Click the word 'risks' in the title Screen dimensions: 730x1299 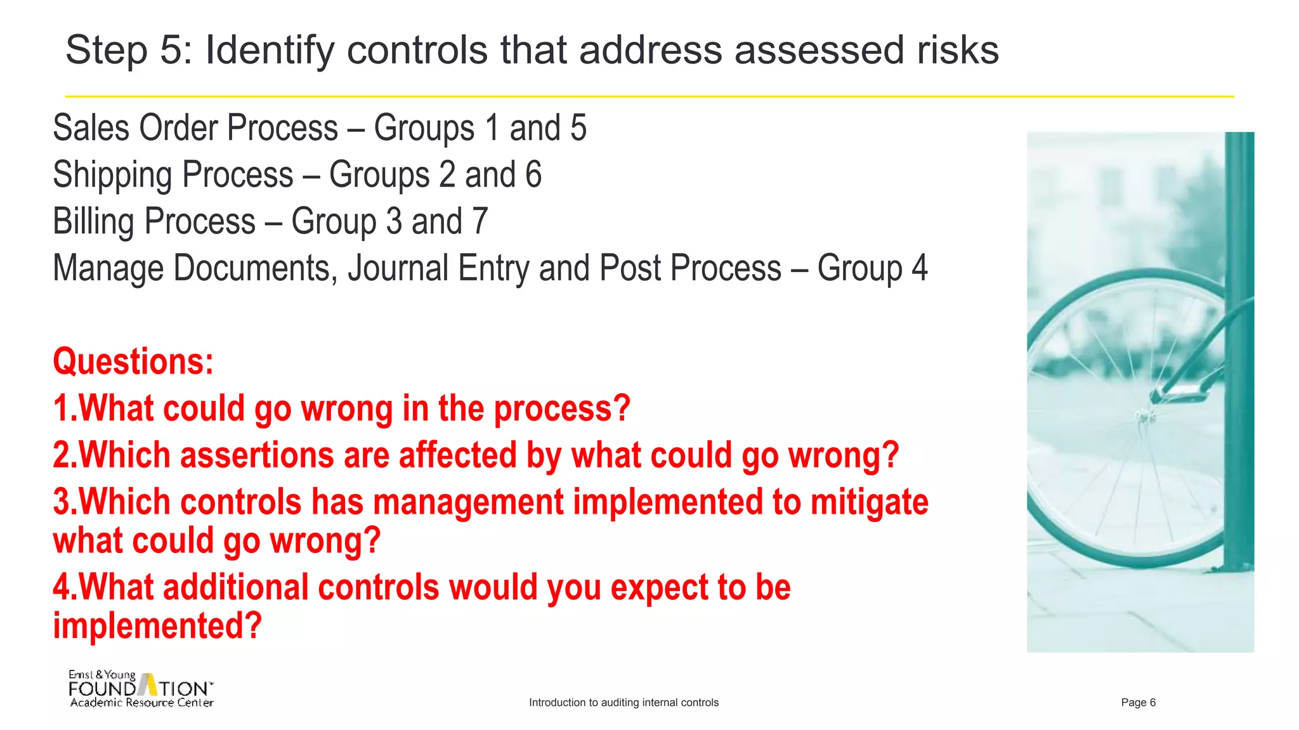tap(957, 50)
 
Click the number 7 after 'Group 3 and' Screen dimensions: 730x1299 tap(480, 222)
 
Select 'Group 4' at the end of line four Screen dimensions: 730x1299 tap(872, 268)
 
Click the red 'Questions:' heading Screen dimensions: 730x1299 tap(133, 362)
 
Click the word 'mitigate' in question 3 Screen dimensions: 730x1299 tap(869, 502)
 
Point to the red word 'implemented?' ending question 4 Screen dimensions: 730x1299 tap(157, 626)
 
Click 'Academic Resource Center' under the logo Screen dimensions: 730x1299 tap(141, 703)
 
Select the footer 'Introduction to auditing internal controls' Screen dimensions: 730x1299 tap(623, 703)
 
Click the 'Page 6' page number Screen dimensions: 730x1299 tap(1138, 703)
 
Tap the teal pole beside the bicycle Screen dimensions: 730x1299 tap(1239, 349)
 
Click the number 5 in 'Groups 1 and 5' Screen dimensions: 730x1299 tap(578, 128)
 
